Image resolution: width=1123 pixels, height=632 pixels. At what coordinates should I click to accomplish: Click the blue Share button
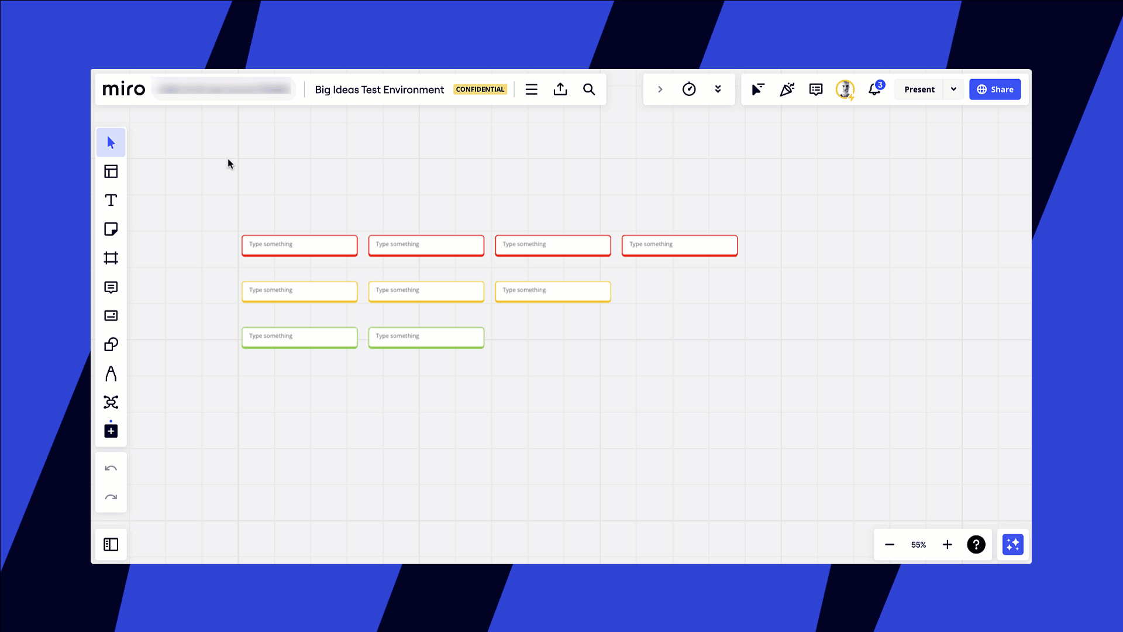[x=994, y=90]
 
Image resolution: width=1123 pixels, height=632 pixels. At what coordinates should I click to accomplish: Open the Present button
[x=919, y=90]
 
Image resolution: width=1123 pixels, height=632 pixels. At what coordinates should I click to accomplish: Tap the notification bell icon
[x=874, y=90]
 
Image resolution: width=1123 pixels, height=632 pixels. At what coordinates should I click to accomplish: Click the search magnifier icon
[x=589, y=90]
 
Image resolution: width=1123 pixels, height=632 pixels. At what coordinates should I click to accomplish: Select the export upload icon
[x=560, y=90]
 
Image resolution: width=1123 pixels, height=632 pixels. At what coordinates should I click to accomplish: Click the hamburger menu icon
[x=531, y=90]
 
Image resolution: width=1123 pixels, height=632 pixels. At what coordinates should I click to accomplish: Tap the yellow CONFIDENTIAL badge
[x=480, y=90]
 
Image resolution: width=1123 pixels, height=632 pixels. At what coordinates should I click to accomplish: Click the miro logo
[x=123, y=90]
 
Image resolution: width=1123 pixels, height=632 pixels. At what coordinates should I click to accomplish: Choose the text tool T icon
[x=111, y=200]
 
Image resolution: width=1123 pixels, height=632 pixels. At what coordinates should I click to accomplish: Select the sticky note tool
[x=111, y=229]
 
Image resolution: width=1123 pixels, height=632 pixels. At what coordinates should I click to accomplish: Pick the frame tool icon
[x=111, y=258]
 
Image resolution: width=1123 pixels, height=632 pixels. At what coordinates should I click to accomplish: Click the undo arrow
[x=111, y=468]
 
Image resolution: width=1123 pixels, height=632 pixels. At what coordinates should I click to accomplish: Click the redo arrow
[x=111, y=497]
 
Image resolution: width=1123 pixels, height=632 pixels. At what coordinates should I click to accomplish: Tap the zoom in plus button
[x=947, y=545]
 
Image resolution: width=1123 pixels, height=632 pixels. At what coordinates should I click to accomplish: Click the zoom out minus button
[x=890, y=545]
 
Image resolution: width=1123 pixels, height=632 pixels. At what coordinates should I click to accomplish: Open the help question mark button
[x=976, y=545]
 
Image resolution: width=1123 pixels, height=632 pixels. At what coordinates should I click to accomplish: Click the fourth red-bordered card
[x=679, y=245]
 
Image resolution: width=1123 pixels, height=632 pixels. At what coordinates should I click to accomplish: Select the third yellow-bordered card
[x=553, y=291]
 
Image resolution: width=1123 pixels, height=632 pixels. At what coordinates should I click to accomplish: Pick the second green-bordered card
[x=426, y=337]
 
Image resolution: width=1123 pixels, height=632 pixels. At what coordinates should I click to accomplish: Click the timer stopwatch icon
[x=689, y=90]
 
